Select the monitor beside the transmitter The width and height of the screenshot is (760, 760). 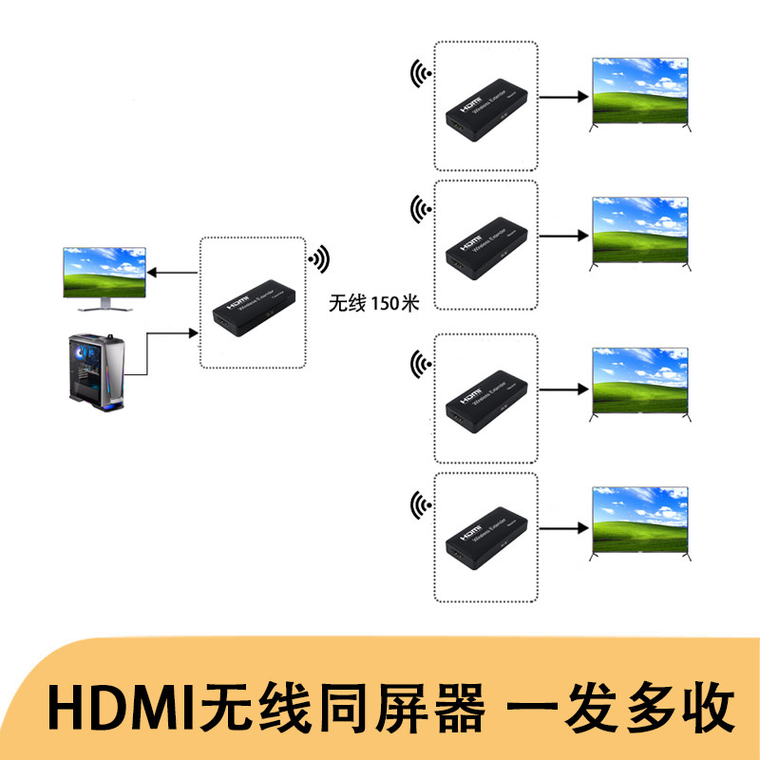pyautogui.click(x=104, y=278)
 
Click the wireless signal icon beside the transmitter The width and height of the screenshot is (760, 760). pyautogui.click(x=319, y=258)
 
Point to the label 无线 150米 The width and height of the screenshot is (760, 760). pyautogui.click(x=373, y=303)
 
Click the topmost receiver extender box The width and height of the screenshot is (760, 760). pyautogui.click(x=486, y=112)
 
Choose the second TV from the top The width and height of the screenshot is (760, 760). pyautogui.click(x=638, y=230)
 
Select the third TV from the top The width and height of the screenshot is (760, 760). pyautogui.click(x=638, y=379)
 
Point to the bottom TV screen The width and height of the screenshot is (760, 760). pyautogui.click(x=638, y=519)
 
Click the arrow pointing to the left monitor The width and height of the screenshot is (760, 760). pyautogui.click(x=177, y=274)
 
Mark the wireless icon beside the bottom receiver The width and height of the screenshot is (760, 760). pyautogui.click(x=419, y=503)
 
